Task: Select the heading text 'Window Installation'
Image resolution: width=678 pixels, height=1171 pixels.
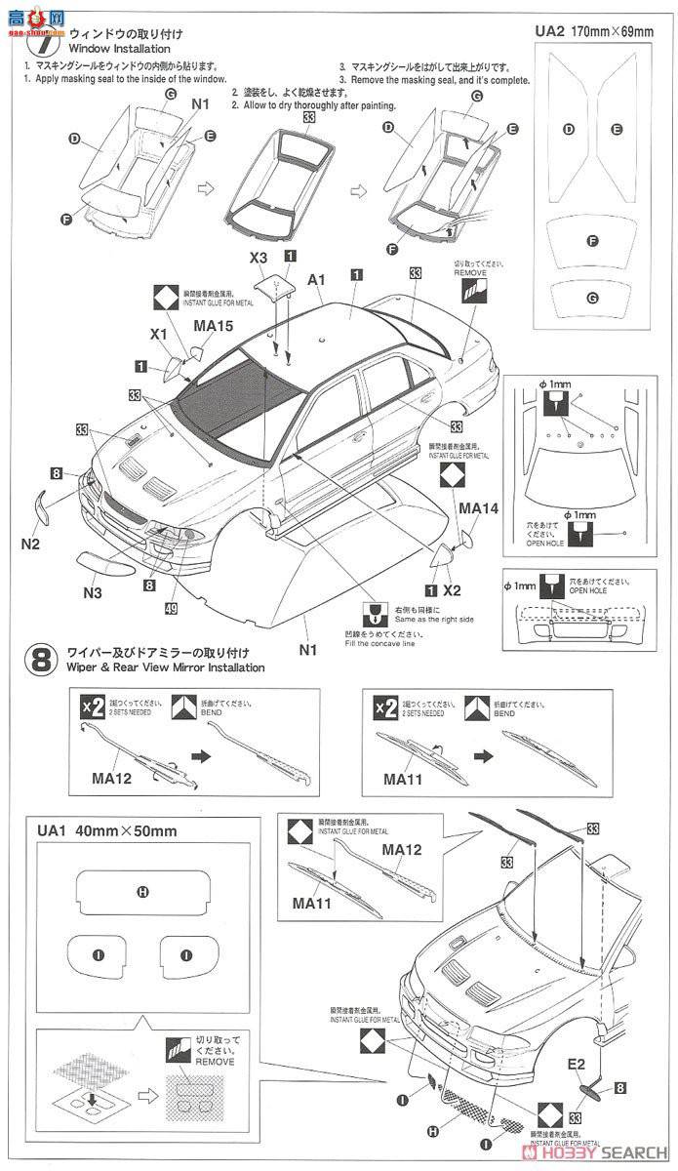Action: click(118, 49)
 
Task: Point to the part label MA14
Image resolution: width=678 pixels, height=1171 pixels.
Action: click(479, 507)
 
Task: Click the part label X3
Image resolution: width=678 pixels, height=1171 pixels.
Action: click(258, 258)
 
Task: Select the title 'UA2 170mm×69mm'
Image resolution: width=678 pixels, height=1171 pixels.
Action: click(594, 31)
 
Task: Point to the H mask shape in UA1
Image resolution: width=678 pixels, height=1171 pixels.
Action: click(141, 891)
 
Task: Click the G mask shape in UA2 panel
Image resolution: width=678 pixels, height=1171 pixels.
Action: click(592, 297)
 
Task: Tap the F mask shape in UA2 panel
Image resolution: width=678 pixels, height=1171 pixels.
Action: click(592, 240)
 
